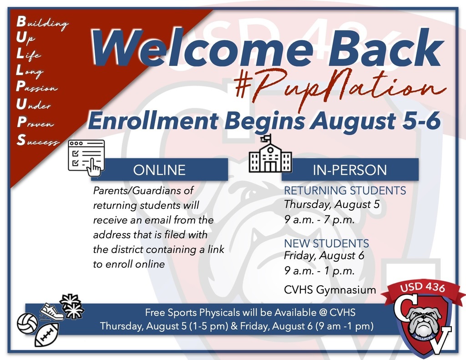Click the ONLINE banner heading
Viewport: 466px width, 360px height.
coord(159,170)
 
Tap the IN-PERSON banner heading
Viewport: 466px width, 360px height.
coord(349,170)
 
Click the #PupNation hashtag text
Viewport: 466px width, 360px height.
coord(336,88)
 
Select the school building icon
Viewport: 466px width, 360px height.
coord(270,154)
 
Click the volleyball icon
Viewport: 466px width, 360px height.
coord(27,323)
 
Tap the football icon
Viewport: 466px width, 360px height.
coord(47,336)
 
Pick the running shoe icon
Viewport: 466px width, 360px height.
coord(51,311)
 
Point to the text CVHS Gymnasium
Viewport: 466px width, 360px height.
coord(330,289)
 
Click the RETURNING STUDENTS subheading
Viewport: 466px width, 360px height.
coord(344,190)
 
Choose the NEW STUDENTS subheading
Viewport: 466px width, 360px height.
coord(326,243)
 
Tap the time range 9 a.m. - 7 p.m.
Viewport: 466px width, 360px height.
coord(319,220)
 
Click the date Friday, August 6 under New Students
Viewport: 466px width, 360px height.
coord(324,256)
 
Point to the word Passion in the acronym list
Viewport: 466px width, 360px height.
coord(37,88)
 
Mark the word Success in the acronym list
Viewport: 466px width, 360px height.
coord(38,141)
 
